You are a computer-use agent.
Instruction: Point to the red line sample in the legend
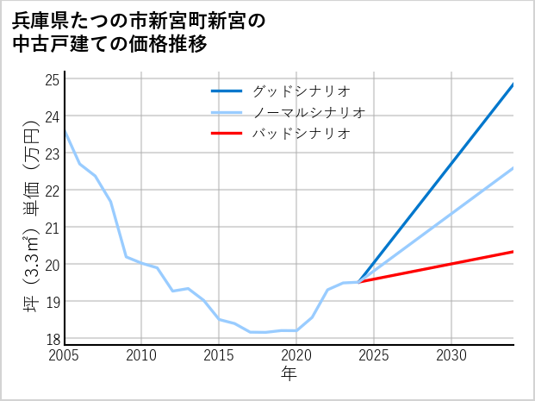227,134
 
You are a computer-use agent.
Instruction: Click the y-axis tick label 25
51,79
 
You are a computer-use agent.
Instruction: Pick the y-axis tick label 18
51,339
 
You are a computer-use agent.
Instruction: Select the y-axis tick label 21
51,228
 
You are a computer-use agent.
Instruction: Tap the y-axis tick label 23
51,154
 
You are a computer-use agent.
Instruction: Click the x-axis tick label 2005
65,355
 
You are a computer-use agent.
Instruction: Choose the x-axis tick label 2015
219,355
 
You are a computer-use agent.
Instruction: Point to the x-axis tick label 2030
451,355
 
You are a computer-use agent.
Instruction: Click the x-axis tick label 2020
296,355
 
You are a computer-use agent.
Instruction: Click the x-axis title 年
289,373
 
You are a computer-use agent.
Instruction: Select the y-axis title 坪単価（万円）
31,216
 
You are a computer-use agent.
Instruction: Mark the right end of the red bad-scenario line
513,252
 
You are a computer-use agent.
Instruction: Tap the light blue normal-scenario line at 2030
451,213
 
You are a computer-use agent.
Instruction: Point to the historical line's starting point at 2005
65,131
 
